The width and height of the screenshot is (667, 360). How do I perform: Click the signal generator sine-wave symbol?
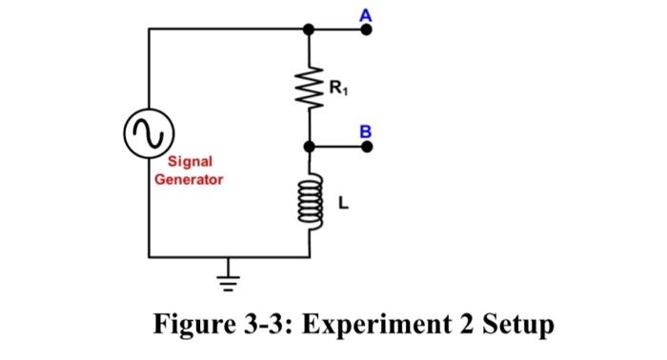(149, 133)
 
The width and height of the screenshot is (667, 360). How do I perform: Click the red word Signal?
(190, 162)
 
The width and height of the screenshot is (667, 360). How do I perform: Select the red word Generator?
(190, 178)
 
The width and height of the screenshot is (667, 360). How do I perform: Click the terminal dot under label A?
(366, 30)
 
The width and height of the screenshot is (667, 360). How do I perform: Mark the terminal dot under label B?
(366, 148)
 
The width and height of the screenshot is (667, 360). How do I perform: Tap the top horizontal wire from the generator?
(229, 30)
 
